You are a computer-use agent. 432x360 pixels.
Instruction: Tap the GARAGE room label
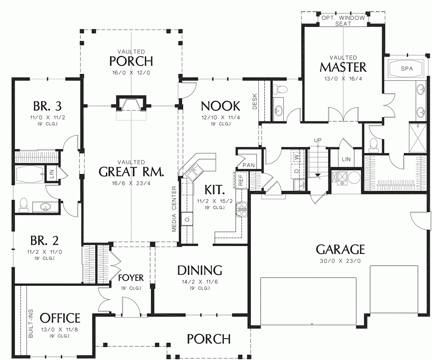tap(340, 249)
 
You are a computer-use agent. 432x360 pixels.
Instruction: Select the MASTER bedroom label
tap(343, 67)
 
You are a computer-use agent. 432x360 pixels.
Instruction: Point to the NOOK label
tap(220, 106)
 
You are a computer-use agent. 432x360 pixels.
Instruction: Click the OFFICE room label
tap(60, 318)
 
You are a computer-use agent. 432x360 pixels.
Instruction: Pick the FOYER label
tap(131, 278)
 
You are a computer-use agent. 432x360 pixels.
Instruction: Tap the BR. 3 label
tap(47, 106)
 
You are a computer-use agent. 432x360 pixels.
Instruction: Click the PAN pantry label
tap(248, 165)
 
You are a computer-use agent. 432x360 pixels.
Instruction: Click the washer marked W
tap(296, 157)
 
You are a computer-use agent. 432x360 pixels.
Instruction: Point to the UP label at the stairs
tap(317, 140)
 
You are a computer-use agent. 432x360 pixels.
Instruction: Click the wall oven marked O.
tap(187, 218)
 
